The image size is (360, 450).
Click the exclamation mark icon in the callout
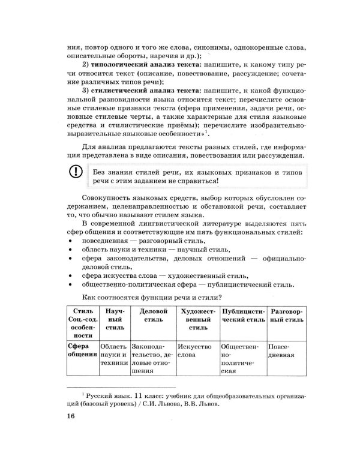tap(74, 172)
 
